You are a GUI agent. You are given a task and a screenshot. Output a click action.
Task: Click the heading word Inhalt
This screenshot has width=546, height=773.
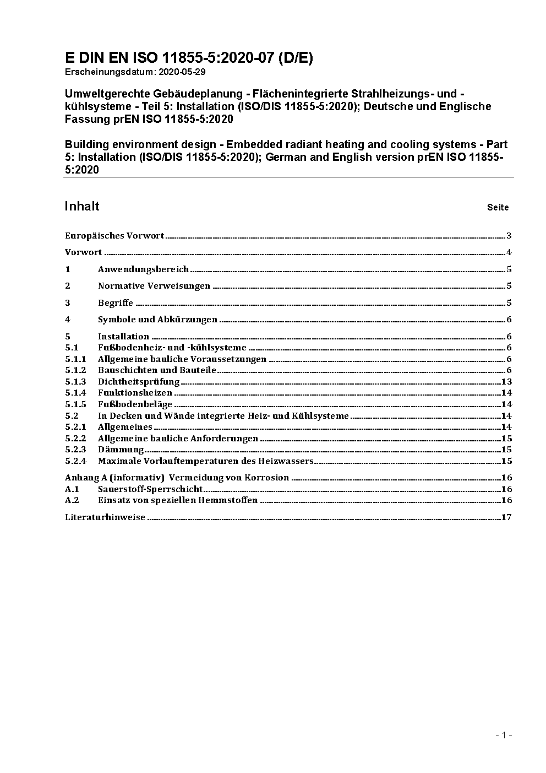click(82, 206)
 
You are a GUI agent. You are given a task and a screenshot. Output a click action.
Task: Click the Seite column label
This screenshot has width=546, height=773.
click(498, 208)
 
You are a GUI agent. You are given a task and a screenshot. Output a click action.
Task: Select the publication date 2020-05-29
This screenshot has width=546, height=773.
click(182, 72)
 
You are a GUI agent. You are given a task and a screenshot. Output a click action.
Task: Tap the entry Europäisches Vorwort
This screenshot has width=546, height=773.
click(114, 236)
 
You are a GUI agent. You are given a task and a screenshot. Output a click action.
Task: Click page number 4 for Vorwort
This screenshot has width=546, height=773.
click(509, 253)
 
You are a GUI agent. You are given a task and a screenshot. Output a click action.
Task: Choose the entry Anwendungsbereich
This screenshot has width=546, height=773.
click(143, 269)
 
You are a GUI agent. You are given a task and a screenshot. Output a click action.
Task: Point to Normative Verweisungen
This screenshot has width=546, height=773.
click(154, 286)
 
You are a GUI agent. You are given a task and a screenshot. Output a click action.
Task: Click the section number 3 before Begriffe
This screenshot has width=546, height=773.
click(68, 303)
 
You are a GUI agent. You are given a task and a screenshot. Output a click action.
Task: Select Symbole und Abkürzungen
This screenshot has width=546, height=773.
click(157, 320)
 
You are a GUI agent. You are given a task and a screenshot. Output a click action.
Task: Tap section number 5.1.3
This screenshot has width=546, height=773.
click(75, 382)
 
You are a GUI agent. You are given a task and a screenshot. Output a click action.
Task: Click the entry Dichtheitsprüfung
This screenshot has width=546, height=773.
click(139, 382)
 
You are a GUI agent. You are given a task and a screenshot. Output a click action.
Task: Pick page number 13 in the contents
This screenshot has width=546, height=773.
click(506, 382)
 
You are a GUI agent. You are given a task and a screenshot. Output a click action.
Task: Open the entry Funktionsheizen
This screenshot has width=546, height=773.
click(135, 393)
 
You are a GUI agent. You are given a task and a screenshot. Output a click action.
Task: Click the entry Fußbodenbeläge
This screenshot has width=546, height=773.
click(135, 404)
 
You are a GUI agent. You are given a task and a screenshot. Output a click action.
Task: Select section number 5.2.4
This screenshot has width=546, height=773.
click(75, 461)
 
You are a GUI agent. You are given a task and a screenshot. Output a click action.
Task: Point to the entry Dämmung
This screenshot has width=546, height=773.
click(121, 450)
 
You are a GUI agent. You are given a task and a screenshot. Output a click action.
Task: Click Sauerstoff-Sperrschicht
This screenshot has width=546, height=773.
click(150, 489)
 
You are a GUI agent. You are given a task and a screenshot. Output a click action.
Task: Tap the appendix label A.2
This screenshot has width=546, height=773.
click(72, 500)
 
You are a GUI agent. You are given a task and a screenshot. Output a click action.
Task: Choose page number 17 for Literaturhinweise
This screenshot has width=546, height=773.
click(506, 517)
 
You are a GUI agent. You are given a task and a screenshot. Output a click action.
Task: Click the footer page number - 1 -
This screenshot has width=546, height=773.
click(504, 735)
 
